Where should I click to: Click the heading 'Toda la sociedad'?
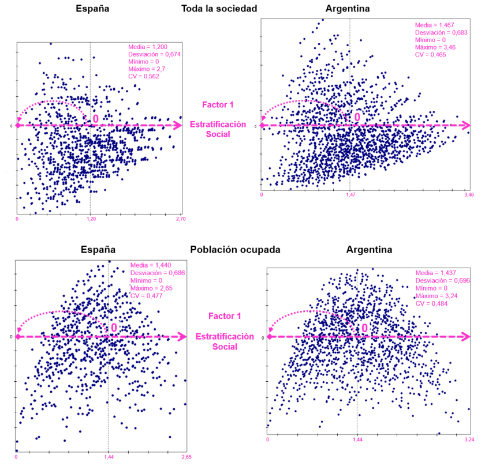coord(219,9)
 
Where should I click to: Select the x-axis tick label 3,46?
coord(468,196)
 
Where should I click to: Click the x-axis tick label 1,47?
coord(350,196)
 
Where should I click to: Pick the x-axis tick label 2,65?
coord(185,457)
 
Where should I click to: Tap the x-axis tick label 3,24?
coord(469,439)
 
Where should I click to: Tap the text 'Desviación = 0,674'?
coord(152,54)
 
